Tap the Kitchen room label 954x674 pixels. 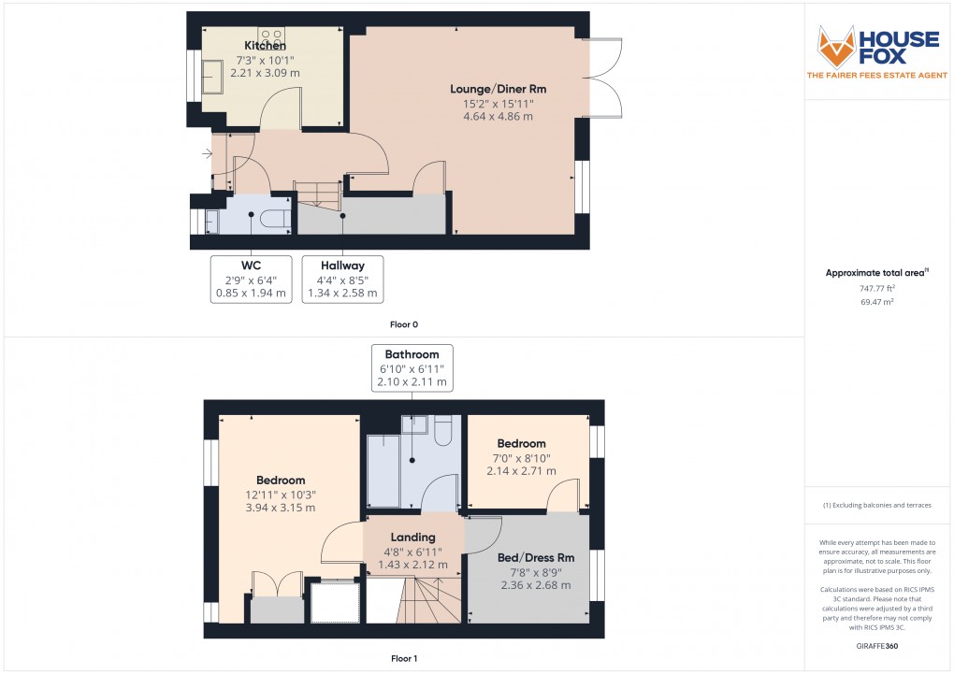[265, 46]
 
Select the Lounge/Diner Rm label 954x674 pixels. [498, 89]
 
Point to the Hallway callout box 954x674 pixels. [342, 279]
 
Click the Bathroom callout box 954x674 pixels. [412, 368]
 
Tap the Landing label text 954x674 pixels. [412, 538]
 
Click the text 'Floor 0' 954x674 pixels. [404, 325]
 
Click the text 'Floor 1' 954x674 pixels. [404, 659]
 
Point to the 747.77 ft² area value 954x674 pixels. [877, 289]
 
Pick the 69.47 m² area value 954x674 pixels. [877, 303]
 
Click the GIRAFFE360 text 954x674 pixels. [878, 646]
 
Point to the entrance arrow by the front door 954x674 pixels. [206, 153]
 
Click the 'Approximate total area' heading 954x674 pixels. [876, 273]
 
